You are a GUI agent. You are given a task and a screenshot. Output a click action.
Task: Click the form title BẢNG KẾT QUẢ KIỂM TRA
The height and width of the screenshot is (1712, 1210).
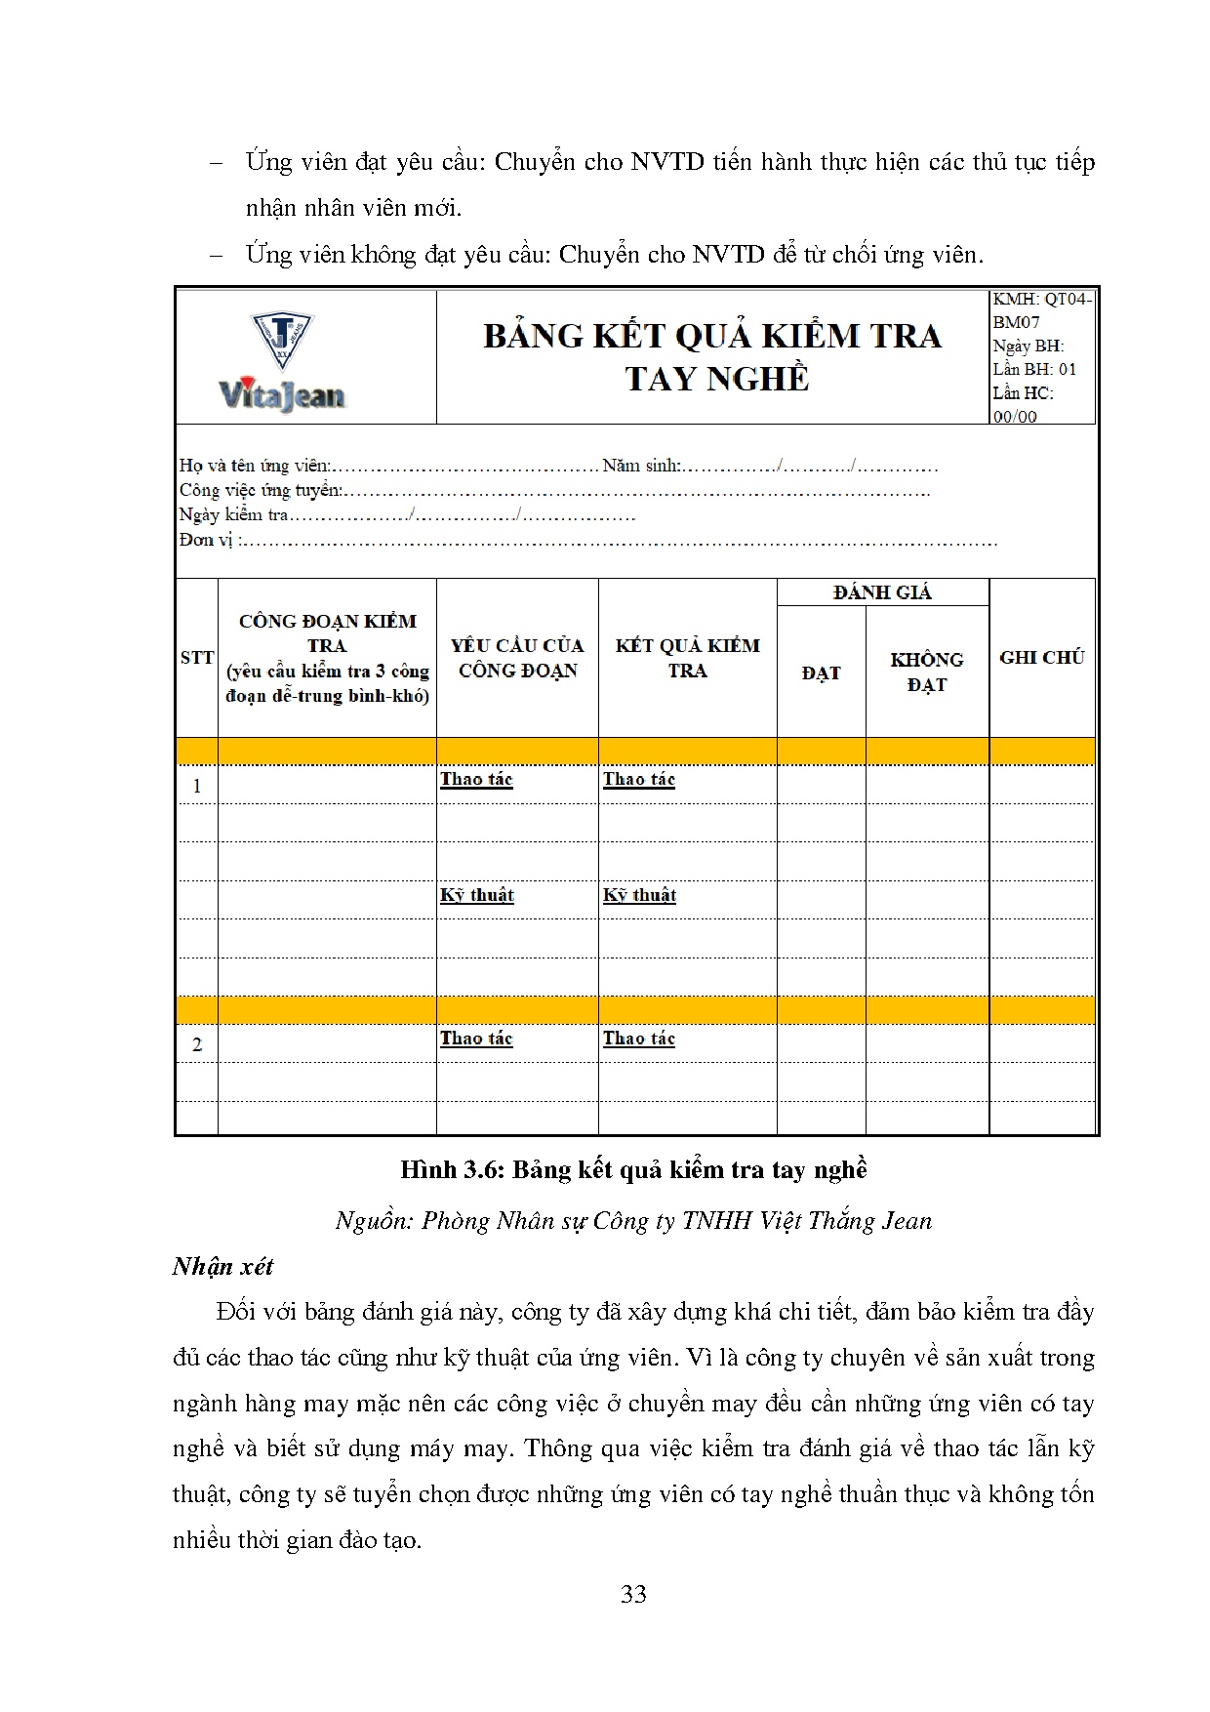pyautogui.click(x=712, y=337)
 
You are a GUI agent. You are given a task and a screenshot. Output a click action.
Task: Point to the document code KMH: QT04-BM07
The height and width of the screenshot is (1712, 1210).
pyautogui.click(x=1041, y=310)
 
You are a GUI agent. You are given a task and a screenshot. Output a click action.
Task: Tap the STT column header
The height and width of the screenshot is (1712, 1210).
pyautogui.click(x=197, y=658)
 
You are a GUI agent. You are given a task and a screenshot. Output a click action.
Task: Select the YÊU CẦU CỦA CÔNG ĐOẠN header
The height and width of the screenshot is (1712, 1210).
pyautogui.click(x=517, y=658)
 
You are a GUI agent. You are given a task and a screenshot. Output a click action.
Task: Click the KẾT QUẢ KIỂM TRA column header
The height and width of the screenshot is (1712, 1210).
pyautogui.click(x=687, y=658)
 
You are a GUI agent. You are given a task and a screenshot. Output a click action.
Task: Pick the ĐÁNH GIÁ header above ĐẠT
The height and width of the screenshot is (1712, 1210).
pyautogui.click(x=882, y=592)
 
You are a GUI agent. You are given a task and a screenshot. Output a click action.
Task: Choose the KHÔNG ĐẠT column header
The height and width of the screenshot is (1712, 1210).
pyautogui.click(x=926, y=673)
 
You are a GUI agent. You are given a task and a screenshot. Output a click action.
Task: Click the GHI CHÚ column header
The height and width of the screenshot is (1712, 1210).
pyautogui.click(x=1041, y=658)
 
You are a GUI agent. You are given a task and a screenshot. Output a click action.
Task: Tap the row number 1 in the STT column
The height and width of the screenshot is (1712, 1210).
pyautogui.click(x=197, y=786)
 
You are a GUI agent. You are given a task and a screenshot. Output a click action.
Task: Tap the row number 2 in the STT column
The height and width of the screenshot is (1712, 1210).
pyautogui.click(x=197, y=1044)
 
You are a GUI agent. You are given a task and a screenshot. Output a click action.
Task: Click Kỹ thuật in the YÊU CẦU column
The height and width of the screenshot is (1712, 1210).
pyautogui.click(x=477, y=895)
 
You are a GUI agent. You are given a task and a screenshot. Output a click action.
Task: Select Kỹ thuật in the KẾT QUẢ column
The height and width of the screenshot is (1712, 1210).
pyautogui.click(x=639, y=895)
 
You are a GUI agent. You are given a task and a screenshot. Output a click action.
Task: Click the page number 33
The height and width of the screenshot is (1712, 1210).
pyautogui.click(x=633, y=1595)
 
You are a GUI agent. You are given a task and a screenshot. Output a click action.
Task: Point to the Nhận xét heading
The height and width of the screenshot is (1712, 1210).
pyautogui.click(x=222, y=1267)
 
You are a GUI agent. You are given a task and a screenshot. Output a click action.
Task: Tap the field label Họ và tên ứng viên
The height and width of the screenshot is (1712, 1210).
pyautogui.click(x=255, y=466)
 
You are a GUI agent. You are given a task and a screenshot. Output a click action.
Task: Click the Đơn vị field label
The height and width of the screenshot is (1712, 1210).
pyautogui.click(x=207, y=540)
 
